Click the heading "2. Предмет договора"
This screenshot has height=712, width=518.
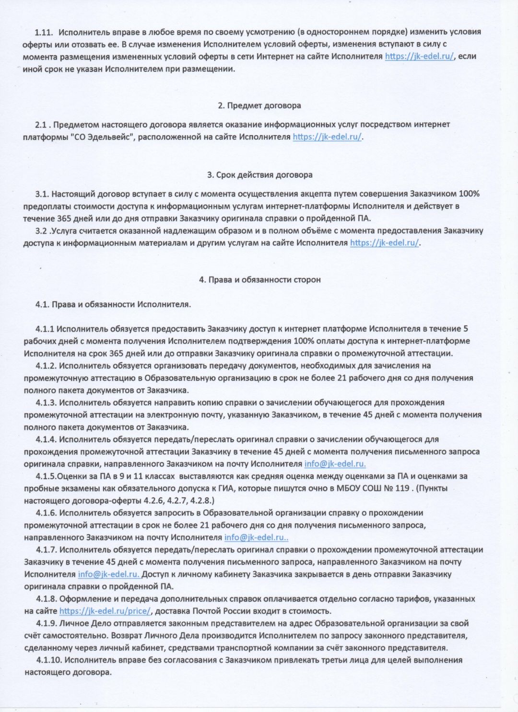[x=259, y=105]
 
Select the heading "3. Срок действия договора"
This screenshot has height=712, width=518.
[x=259, y=175]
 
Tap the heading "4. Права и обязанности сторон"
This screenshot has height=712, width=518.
[x=259, y=279]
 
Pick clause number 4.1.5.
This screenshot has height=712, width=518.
[x=46, y=476]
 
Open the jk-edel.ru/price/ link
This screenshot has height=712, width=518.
[x=105, y=611]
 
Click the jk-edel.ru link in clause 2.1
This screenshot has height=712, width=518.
[x=327, y=137]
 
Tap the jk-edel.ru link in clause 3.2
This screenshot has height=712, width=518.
[x=384, y=243]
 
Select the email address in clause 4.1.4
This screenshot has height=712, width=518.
[x=335, y=464]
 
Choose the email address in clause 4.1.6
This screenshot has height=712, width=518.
[x=256, y=537]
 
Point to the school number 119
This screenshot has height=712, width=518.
[x=402, y=488]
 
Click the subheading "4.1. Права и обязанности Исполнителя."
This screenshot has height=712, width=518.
[x=113, y=304]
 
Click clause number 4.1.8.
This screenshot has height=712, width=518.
[x=47, y=599]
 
